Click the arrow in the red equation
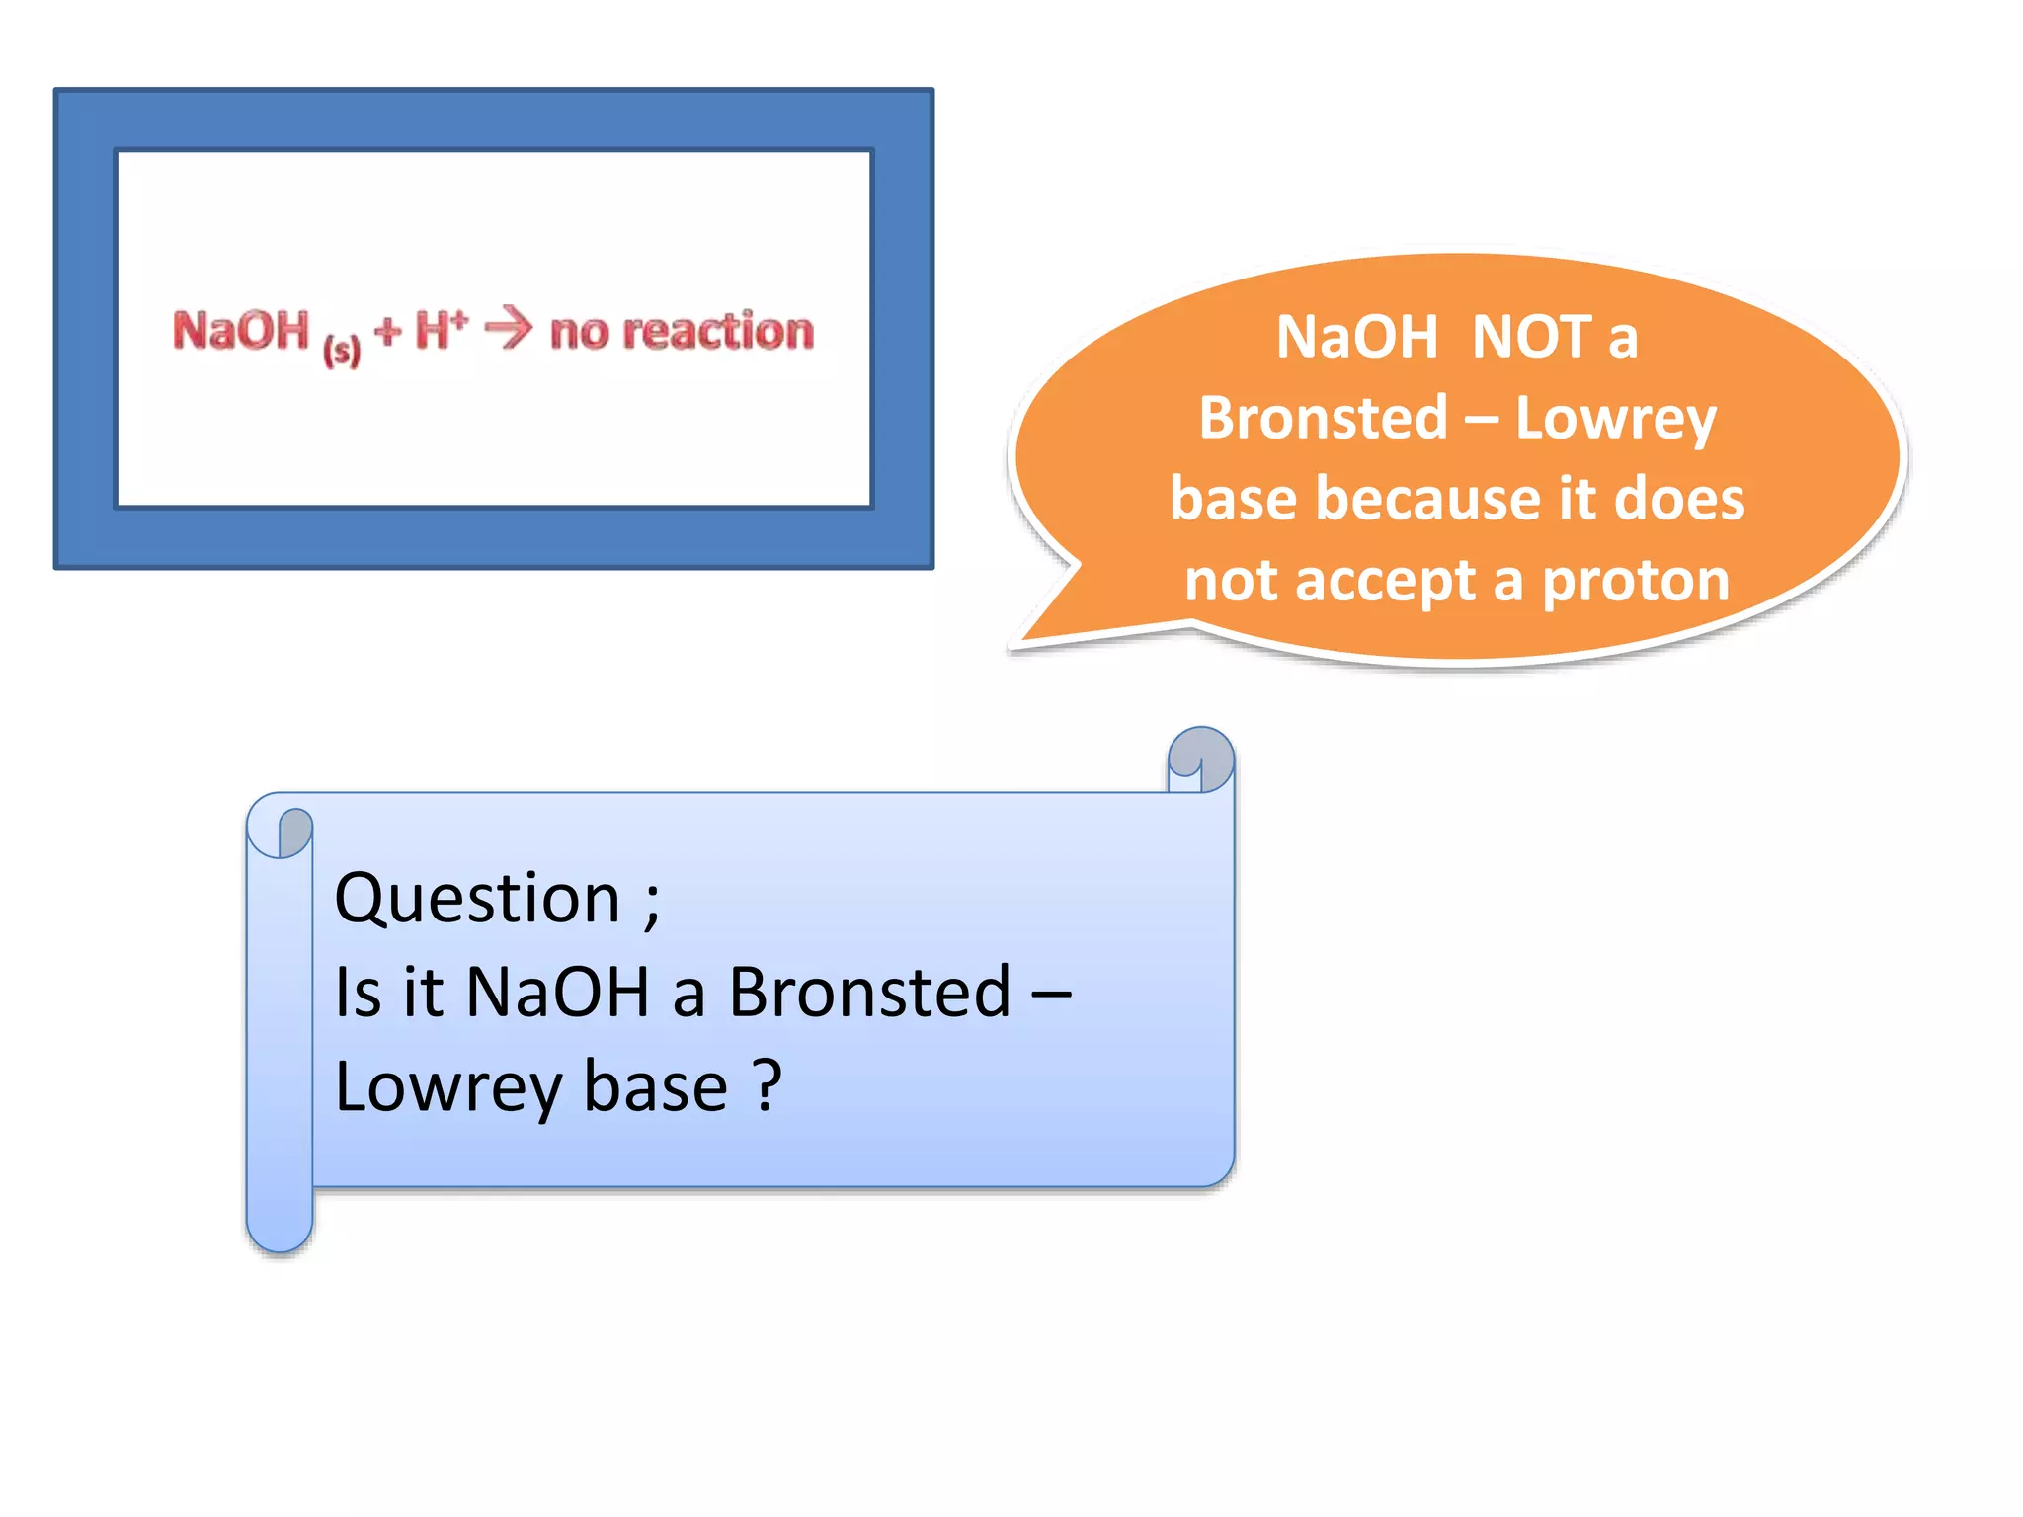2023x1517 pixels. coord(509,329)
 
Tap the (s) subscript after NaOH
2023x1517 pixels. coord(342,350)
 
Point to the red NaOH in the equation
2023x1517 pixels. coord(241,330)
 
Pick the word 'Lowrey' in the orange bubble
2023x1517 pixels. coord(1616,419)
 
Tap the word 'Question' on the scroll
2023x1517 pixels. coord(477,899)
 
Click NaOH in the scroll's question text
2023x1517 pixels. coord(557,993)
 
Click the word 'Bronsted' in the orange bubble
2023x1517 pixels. coord(1323,419)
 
